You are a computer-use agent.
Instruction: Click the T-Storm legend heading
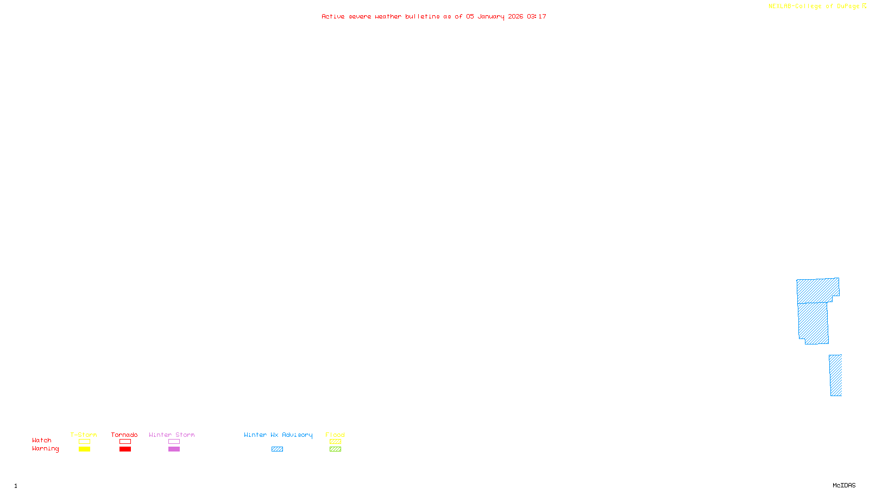84,435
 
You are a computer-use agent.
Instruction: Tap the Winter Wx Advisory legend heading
278,435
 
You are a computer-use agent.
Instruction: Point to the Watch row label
42,440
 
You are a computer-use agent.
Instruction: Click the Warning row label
46,449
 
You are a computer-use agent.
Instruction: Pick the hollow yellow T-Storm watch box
84,442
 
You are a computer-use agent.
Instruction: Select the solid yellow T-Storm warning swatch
84,449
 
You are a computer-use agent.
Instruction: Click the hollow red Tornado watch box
125,442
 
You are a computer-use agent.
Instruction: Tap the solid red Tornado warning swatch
125,449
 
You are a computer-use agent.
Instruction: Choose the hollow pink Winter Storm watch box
174,442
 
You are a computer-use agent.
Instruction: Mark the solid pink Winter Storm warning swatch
174,449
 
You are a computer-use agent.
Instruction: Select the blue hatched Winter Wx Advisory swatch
277,449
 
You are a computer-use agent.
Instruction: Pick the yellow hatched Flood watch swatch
335,442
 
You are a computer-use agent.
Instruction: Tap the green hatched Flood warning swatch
335,449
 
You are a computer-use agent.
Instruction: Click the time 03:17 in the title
537,16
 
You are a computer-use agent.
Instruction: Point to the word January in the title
491,16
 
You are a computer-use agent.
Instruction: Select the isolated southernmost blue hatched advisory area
835,375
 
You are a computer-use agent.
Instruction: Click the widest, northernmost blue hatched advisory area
817,290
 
